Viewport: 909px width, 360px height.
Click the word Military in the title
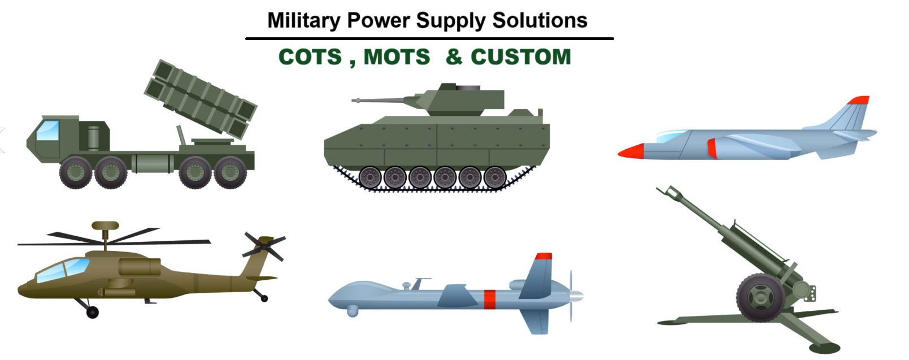304,21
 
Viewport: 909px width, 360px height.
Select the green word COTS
310,57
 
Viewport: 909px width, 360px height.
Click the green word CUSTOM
521,57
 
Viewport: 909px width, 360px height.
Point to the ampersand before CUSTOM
454,57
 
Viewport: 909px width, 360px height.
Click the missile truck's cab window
47,131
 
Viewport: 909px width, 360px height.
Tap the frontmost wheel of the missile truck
76,172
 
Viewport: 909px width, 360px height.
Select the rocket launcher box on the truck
201,99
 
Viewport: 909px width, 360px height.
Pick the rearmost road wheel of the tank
495,177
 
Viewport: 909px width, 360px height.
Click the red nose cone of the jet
631,151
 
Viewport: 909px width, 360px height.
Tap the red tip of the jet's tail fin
859,100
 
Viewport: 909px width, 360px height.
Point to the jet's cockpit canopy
672,136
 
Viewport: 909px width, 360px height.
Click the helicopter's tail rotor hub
264,247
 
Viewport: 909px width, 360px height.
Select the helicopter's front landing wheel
93,312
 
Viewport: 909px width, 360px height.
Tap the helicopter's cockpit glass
63,270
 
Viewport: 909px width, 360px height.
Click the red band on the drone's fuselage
490,300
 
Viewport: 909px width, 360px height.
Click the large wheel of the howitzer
760,297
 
